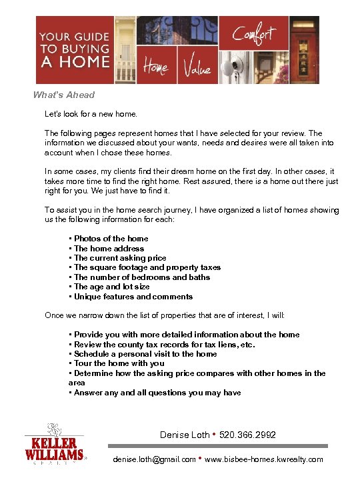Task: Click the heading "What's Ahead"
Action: (64, 95)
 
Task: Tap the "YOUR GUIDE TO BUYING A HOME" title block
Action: (74, 50)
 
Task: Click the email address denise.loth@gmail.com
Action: (154, 459)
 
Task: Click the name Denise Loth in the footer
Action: (185, 435)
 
